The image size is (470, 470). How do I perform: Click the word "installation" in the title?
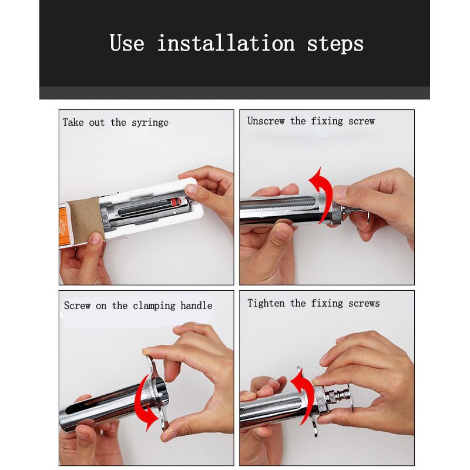click(226, 43)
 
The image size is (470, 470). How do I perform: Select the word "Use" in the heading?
click(127, 43)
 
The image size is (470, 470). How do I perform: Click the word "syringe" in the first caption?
click(150, 123)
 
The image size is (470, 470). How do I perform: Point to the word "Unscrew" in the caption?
click(266, 121)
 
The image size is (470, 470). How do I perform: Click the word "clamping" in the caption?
click(154, 306)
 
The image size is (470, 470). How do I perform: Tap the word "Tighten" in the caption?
click(266, 303)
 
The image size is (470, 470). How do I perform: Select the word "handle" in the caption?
click(196, 305)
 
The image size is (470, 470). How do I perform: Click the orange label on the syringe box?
click(63, 226)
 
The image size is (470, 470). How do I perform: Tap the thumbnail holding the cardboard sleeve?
click(96, 239)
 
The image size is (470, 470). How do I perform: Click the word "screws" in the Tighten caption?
click(364, 303)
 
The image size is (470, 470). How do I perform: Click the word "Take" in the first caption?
click(73, 122)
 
